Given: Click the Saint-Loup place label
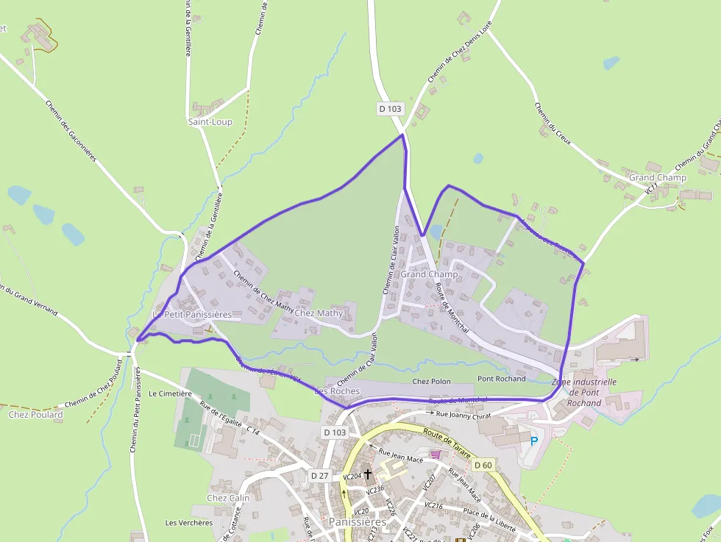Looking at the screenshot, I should (x=210, y=121).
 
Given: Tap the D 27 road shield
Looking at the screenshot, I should (x=319, y=476).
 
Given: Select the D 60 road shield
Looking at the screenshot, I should (x=483, y=465).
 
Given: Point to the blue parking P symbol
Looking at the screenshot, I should (x=534, y=441).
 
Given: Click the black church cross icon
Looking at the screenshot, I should (x=367, y=475).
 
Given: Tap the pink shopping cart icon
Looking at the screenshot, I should (x=436, y=454).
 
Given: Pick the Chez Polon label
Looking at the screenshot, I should (x=431, y=382).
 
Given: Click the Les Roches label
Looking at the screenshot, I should (x=337, y=391).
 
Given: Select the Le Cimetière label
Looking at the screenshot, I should (x=170, y=393).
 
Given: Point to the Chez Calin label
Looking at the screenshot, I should (x=228, y=498).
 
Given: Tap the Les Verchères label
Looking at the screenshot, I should (x=189, y=523).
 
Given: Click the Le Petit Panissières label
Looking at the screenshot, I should (x=191, y=315).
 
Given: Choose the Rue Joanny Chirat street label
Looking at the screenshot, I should (x=463, y=414).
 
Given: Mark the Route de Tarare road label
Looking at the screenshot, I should (x=446, y=440).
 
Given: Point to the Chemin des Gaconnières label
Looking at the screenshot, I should (x=71, y=131).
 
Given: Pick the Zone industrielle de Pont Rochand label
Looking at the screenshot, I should (x=585, y=393).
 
